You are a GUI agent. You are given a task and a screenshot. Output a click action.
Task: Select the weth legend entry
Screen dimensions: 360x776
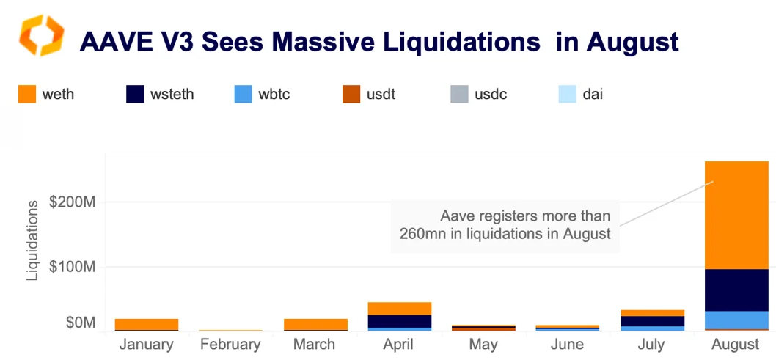click(x=46, y=95)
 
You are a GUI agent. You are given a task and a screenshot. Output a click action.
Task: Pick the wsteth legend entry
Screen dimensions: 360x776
click(x=160, y=95)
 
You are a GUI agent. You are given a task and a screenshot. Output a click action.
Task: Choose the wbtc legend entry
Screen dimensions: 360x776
click(x=262, y=95)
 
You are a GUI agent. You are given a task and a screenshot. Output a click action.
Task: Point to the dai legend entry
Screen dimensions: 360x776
click(x=580, y=95)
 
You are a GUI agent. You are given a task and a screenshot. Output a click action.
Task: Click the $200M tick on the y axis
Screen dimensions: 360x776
click(x=73, y=202)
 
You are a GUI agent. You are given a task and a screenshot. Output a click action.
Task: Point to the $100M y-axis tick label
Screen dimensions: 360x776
click(x=73, y=266)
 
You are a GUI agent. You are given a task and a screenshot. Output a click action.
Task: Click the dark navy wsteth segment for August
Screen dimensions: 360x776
click(x=736, y=290)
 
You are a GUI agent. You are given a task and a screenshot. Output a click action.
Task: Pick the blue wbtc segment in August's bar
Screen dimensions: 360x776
click(x=736, y=320)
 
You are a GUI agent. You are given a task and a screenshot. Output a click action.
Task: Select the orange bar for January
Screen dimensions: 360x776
click(x=147, y=324)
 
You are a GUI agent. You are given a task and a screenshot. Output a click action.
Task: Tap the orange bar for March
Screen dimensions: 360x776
click(x=315, y=324)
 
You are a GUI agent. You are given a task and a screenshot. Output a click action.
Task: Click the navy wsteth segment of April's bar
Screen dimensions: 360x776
click(x=399, y=320)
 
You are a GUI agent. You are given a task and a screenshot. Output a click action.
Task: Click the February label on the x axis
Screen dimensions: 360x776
click(x=230, y=345)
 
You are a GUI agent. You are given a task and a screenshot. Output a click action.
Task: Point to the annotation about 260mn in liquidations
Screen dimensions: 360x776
click(x=505, y=225)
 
